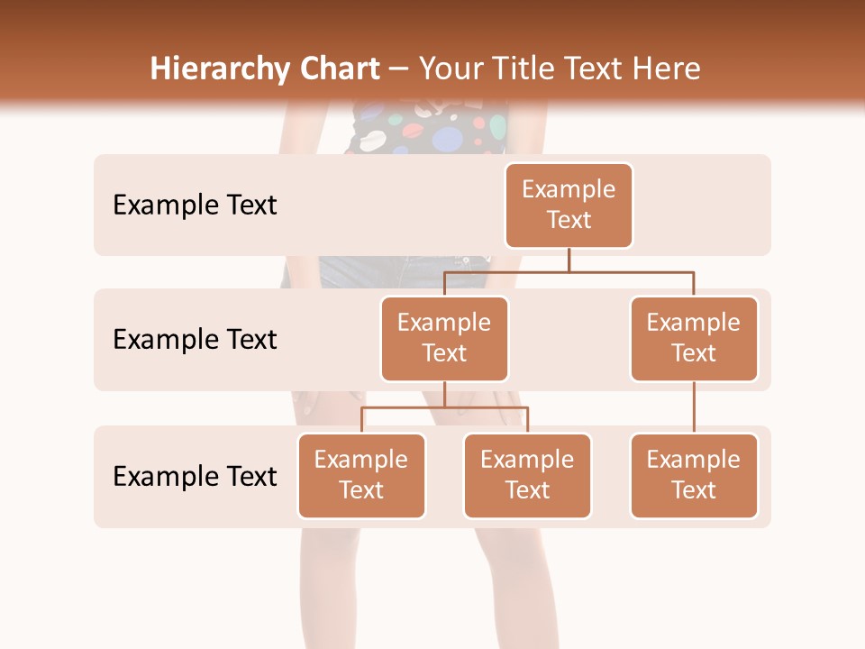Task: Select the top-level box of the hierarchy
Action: pyautogui.click(x=569, y=205)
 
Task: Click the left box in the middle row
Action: pyautogui.click(x=444, y=338)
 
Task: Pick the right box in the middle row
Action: pyautogui.click(x=694, y=338)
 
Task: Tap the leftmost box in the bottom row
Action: pyautogui.click(x=361, y=475)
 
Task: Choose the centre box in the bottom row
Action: pyautogui.click(x=527, y=475)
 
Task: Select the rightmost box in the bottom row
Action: pyautogui.click(x=694, y=475)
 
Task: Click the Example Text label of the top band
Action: pyautogui.click(x=195, y=205)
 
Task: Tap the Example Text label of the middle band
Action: pyautogui.click(x=195, y=339)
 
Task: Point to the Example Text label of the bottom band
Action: pyautogui.click(x=195, y=476)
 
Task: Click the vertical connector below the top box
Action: pyautogui.click(x=569, y=260)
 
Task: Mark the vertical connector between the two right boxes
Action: pyautogui.click(x=694, y=407)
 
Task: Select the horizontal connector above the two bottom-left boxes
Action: pyautogui.click(x=444, y=407)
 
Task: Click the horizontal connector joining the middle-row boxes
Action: pyautogui.click(x=569, y=271)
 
